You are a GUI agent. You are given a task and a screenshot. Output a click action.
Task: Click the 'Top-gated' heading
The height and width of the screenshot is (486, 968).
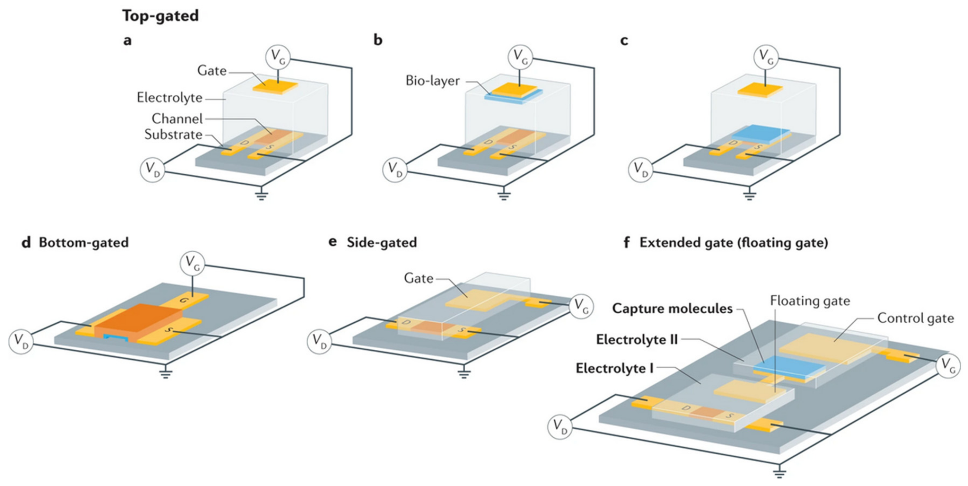pos(160,16)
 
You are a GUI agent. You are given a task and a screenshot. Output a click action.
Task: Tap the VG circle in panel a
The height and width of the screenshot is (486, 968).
pos(278,57)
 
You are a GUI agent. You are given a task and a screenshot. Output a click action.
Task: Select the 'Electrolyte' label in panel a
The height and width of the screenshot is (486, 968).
pos(169,98)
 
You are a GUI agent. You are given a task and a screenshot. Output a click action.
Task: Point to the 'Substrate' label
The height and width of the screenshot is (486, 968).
pos(173,134)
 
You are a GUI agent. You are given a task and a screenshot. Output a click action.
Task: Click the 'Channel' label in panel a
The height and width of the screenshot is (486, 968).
pos(177,119)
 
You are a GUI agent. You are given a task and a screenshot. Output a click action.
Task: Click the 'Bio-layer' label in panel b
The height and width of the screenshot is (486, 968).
pos(432,81)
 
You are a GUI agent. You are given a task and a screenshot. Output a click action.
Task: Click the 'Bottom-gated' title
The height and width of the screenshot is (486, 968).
pos(83,243)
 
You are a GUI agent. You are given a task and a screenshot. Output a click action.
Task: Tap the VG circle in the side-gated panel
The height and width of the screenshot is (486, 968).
pos(581,306)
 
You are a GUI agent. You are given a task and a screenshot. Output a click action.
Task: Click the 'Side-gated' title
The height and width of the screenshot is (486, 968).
pos(381,243)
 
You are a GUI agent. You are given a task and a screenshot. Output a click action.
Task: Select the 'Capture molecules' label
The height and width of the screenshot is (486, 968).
pos(672,309)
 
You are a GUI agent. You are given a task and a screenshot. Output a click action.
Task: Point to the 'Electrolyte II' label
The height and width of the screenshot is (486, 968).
pos(637,339)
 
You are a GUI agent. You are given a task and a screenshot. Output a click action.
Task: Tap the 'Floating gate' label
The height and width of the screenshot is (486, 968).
pos(810,301)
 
